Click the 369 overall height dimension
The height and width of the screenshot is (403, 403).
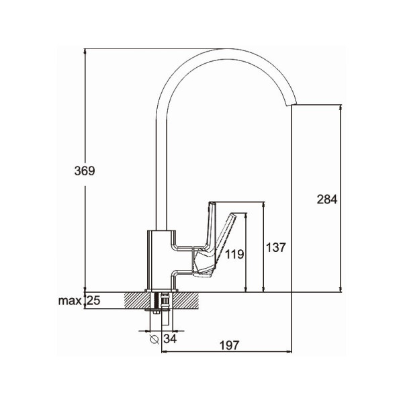pyautogui.click(x=85, y=171)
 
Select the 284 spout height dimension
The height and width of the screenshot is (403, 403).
pyautogui.click(x=327, y=199)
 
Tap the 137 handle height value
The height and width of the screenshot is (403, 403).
pyautogui.click(x=276, y=247)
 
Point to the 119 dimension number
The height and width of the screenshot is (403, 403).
pyautogui.click(x=234, y=254)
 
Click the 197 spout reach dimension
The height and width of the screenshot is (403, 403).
pyautogui.click(x=229, y=345)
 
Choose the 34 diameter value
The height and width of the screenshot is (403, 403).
pyautogui.click(x=170, y=339)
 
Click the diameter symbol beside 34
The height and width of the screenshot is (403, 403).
pyautogui.click(x=154, y=339)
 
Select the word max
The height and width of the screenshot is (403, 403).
pyautogui.click(x=70, y=301)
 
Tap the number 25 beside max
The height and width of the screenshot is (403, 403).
pyautogui.click(x=93, y=300)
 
